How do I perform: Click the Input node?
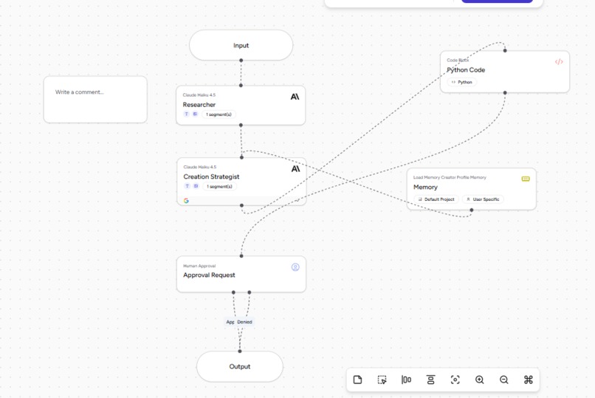tap(241, 45)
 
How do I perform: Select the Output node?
tap(239, 366)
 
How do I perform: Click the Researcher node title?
tap(199, 105)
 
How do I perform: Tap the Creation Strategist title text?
tap(211, 177)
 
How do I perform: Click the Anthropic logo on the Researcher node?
tap(295, 97)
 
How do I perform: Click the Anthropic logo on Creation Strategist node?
tap(295, 168)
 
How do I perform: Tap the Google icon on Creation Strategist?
tap(186, 201)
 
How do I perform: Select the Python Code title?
tap(466, 70)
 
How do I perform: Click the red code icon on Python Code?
tap(559, 62)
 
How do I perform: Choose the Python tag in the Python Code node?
tap(462, 82)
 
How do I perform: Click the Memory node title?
tap(425, 188)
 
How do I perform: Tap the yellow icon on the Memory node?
tap(526, 179)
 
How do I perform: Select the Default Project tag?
tap(436, 199)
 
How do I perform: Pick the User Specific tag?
tap(483, 199)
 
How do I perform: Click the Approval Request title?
tap(209, 275)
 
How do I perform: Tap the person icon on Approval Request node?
tap(295, 267)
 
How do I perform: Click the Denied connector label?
tap(245, 322)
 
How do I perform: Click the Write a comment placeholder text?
tap(80, 92)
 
